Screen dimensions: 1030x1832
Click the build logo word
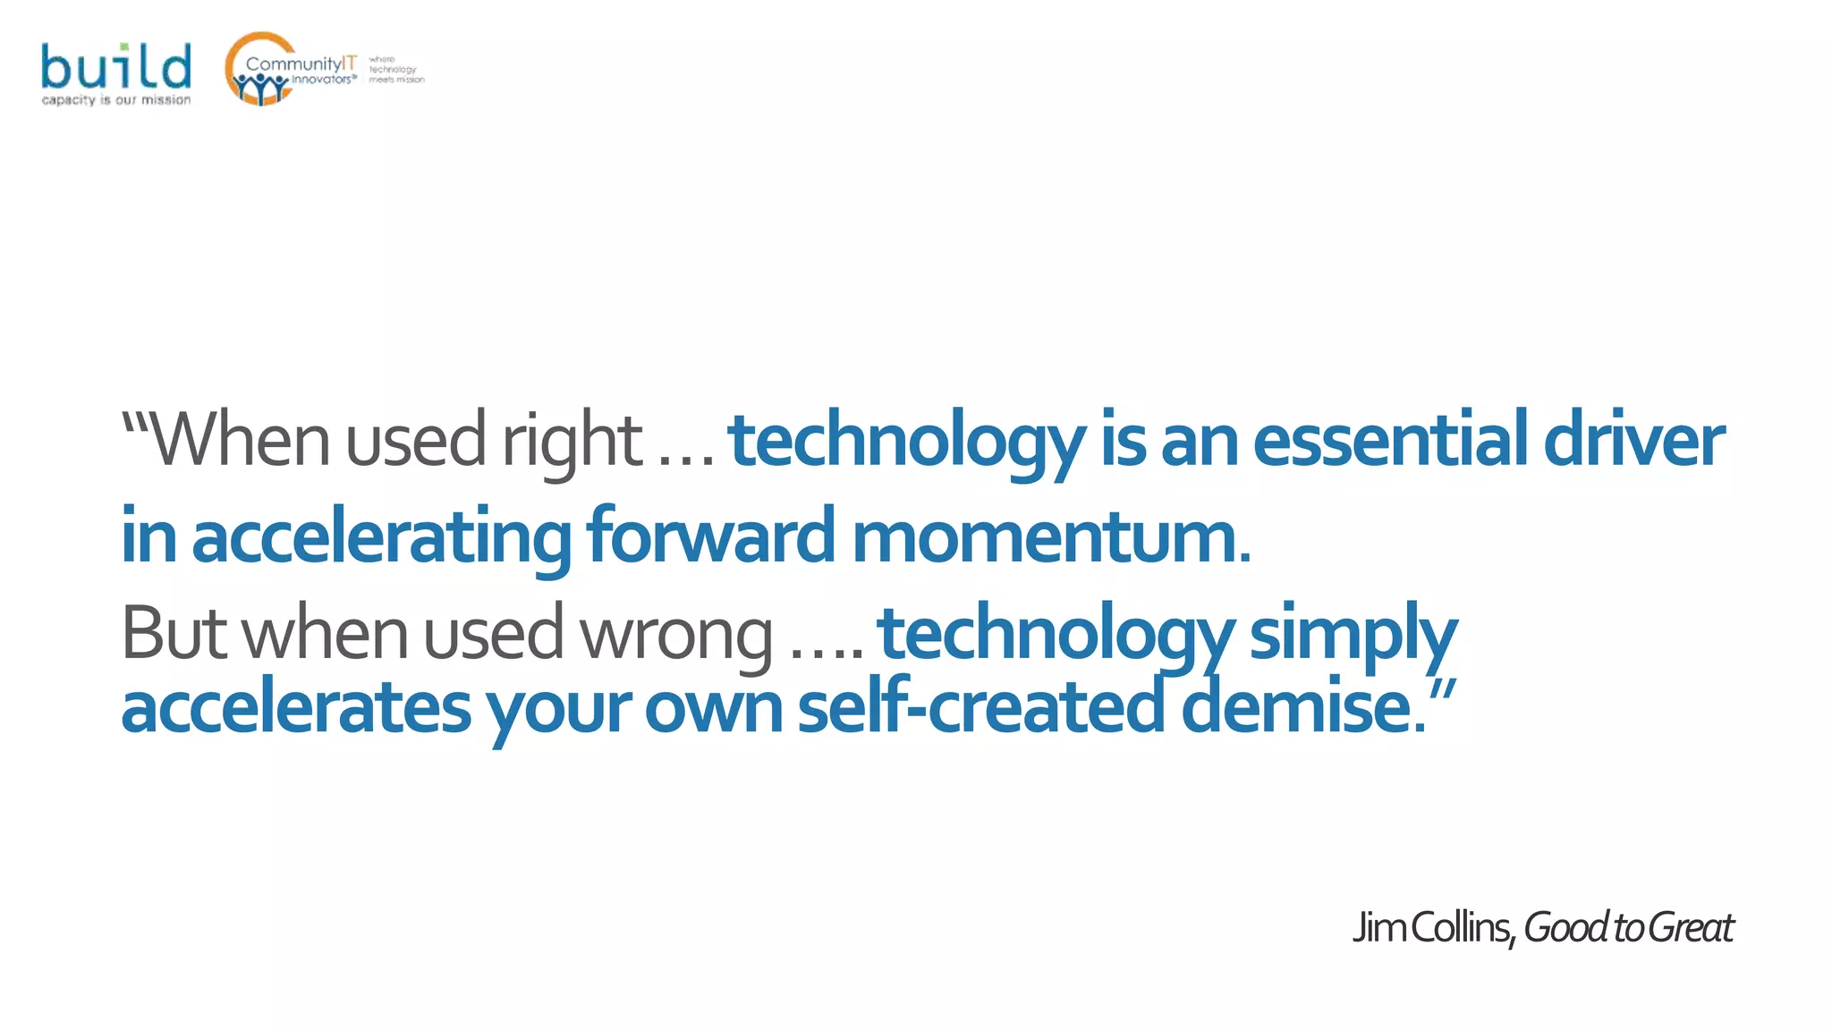(115, 67)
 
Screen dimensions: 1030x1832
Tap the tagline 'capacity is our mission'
(115, 100)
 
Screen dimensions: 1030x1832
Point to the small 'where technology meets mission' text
(395, 70)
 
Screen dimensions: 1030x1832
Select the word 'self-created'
(980, 706)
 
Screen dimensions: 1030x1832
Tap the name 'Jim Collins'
(1431, 928)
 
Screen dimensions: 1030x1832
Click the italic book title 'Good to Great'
(1628, 928)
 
